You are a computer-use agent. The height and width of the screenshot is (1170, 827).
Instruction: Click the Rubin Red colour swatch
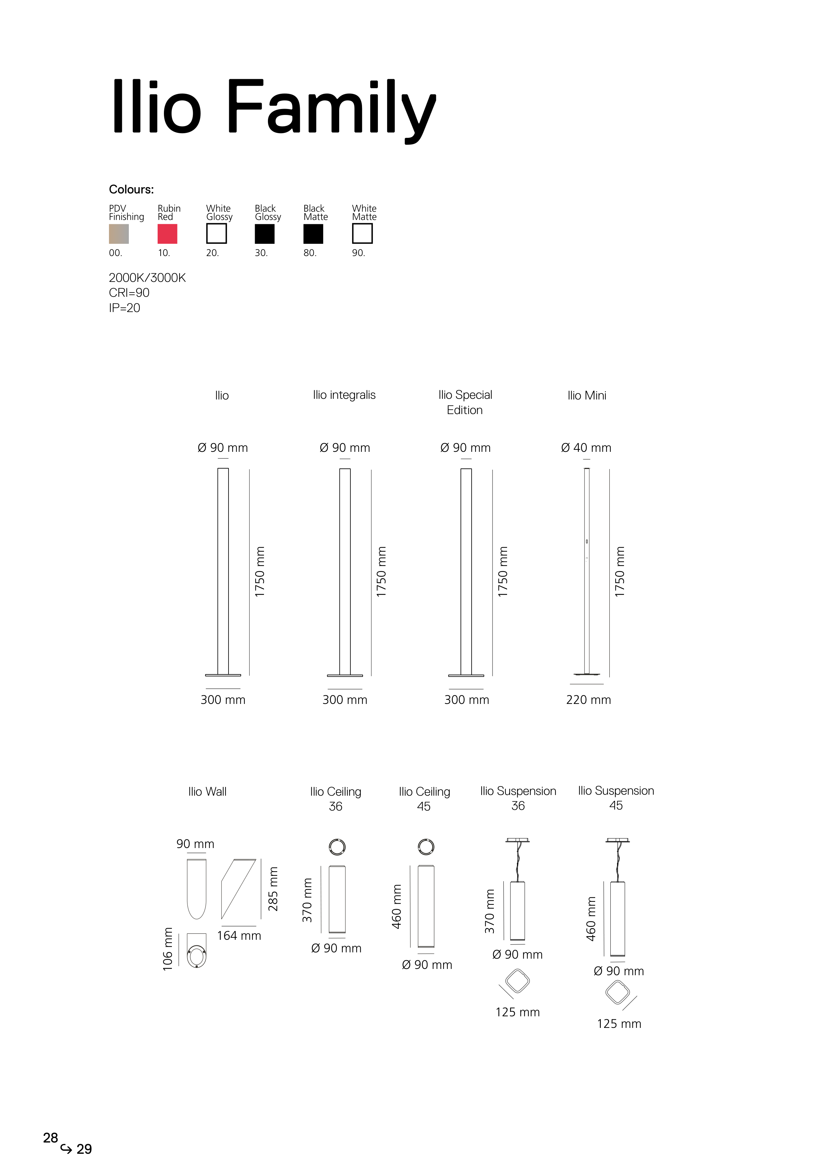pyautogui.click(x=167, y=234)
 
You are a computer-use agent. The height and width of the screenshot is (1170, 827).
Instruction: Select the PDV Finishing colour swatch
pyautogui.click(x=119, y=234)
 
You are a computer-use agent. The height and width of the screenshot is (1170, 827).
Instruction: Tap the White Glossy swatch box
pyautogui.click(x=216, y=234)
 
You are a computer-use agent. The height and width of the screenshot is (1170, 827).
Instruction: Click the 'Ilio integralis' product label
pyautogui.click(x=344, y=396)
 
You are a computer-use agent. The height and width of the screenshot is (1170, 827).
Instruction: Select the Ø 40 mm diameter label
pyautogui.click(x=586, y=448)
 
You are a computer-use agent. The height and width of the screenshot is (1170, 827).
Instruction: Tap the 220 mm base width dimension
pyautogui.click(x=589, y=700)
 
